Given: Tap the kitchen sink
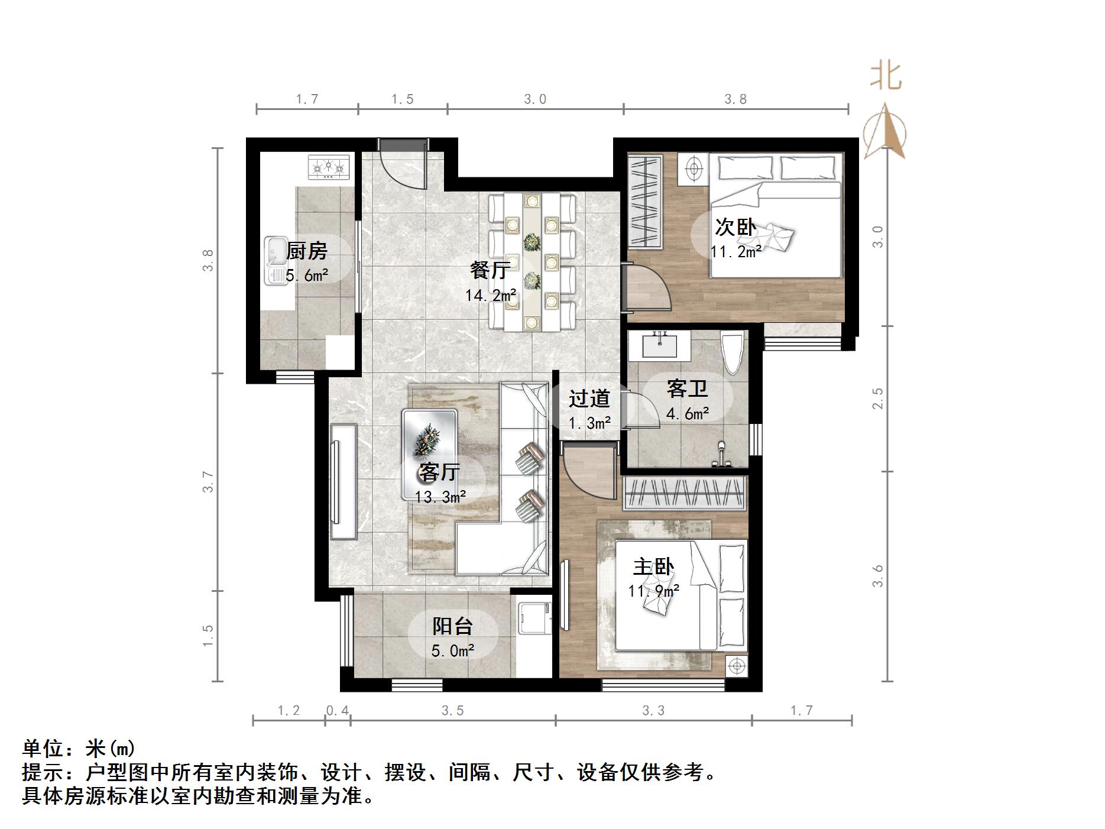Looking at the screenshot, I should click(275, 261).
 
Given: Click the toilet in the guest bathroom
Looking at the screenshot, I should click(732, 353).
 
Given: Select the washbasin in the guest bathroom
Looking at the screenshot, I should click(659, 345).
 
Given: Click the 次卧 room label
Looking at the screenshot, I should click(735, 227).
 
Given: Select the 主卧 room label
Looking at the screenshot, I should click(653, 567).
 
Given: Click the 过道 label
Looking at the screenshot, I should click(588, 399).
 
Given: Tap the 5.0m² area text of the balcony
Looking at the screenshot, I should click(452, 651).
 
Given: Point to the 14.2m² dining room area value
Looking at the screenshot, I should click(490, 295).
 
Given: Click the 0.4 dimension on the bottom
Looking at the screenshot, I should click(338, 710).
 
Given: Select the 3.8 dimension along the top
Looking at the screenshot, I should click(735, 99).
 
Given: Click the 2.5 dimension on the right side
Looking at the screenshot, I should click(879, 398).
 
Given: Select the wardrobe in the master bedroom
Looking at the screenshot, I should click(685, 493).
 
